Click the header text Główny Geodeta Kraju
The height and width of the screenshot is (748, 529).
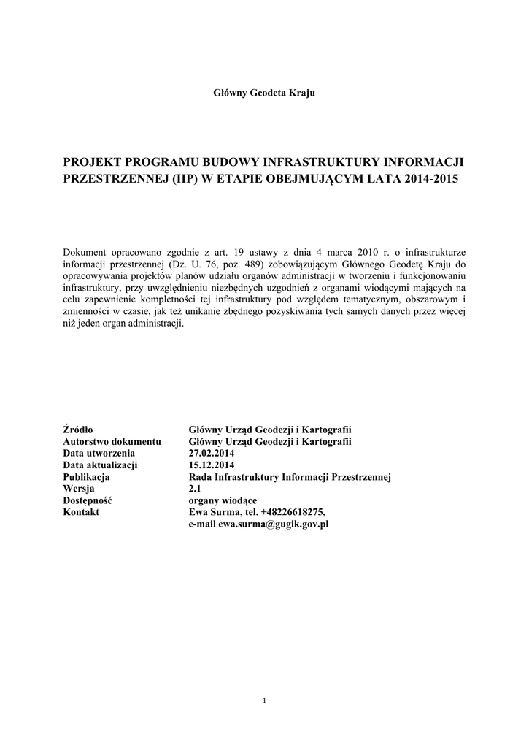(263, 93)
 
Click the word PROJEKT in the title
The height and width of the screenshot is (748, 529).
(93, 161)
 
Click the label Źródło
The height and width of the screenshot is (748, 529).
(78, 430)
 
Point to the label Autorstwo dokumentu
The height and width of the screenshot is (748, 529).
(112, 441)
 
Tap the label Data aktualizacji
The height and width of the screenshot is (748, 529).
(101, 465)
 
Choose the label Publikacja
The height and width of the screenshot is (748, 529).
(87, 476)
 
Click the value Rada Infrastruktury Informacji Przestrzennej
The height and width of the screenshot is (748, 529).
(290, 476)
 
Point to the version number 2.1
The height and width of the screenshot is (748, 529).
(195, 488)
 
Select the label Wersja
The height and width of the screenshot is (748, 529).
(80, 488)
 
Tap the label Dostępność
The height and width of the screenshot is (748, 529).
(92, 500)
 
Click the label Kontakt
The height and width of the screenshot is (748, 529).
(82, 512)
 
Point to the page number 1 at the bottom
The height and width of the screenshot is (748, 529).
(264, 701)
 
